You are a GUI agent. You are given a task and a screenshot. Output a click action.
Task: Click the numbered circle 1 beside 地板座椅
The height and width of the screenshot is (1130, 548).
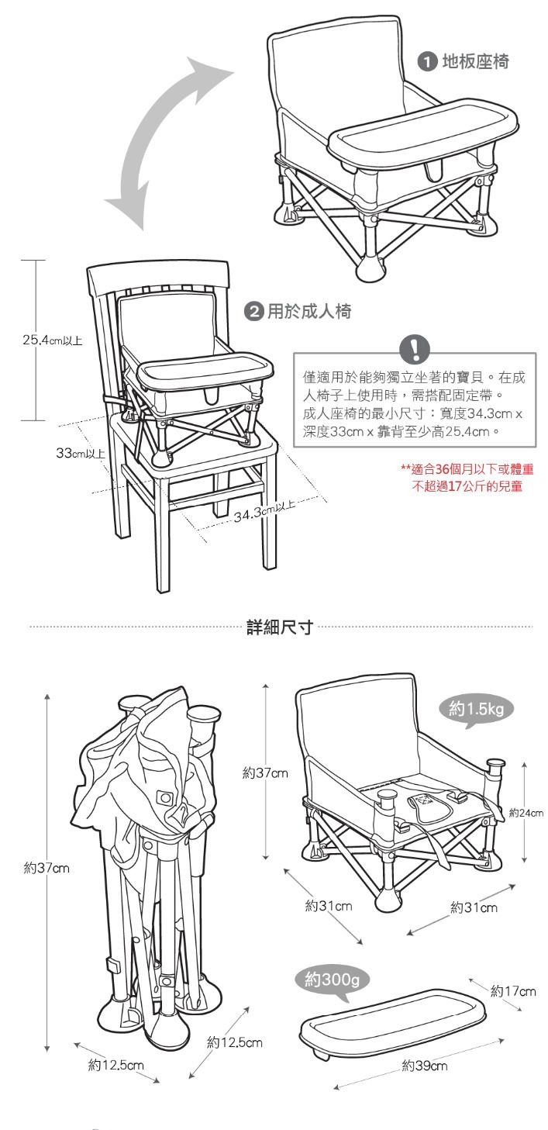coord(427,62)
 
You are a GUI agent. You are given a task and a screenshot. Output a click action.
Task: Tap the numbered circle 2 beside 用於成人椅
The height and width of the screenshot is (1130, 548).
coord(253,311)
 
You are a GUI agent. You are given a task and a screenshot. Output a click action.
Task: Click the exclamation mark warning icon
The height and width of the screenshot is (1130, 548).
coord(415,348)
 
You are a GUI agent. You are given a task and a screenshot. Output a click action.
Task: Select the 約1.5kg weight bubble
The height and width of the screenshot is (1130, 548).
coord(475,710)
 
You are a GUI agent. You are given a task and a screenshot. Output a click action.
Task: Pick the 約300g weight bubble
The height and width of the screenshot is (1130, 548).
coord(332,980)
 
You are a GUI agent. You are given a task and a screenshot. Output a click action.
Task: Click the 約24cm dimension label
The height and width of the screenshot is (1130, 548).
coord(526,813)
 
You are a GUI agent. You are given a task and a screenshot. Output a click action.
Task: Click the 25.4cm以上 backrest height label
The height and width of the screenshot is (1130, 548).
coord(53,340)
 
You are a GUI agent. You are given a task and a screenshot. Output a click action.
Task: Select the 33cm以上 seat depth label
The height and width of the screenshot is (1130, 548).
coord(80,453)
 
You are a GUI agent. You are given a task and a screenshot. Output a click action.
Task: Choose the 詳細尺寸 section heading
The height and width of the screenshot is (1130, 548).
coord(280,627)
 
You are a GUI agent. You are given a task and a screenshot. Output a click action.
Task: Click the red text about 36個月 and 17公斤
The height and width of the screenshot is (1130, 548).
coord(467,478)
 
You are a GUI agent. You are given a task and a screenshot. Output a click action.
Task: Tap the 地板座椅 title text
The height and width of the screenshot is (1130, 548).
coord(475,62)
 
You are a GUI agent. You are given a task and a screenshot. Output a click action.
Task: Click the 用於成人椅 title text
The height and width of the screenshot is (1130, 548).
coord(309,311)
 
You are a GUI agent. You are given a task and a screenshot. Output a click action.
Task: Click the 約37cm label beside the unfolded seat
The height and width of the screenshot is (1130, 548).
coord(265,772)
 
